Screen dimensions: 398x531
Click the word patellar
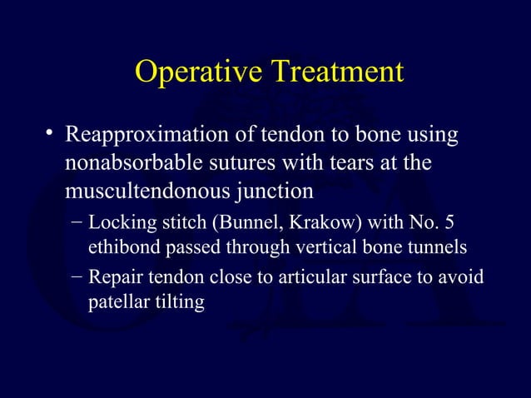click(x=117, y=301)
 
